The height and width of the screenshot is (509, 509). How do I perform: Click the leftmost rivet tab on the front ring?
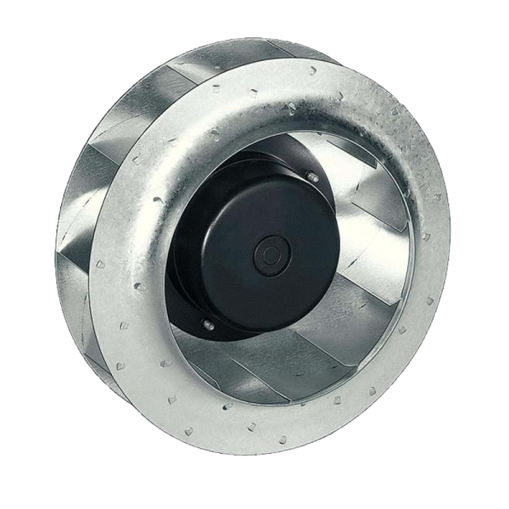pyautogui.click(x=99, y=264)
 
